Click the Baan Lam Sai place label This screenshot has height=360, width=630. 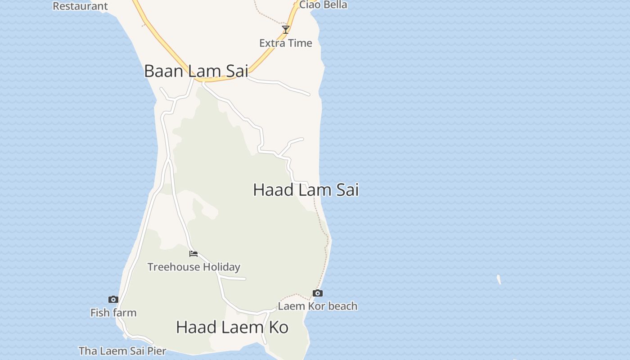click(196, 71)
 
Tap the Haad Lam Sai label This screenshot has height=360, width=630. click(306, 190)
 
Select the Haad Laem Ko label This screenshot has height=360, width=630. click(232, 327)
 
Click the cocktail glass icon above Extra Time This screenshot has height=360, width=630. click(285, 30)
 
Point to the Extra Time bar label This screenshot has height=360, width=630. click(286, 43)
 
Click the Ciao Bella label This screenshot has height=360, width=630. click(323, 5)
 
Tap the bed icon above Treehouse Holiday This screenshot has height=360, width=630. click(193, 254)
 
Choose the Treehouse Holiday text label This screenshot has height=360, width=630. click(193, 267)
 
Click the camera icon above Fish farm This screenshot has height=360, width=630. click(113, 299)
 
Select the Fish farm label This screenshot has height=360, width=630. click(113, 313)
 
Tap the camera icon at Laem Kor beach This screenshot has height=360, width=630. click(318, 293)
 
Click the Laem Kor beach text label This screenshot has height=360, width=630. click(318, 306)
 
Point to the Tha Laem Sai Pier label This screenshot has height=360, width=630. click(122, 351)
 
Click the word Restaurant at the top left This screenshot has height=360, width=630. click(80, 6)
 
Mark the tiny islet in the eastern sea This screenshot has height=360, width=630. click(499, 279)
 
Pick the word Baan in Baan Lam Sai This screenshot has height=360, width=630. click(163, 71)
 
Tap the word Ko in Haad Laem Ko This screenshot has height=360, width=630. click(279, 327)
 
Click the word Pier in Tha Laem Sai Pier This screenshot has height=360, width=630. click(156, 351)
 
